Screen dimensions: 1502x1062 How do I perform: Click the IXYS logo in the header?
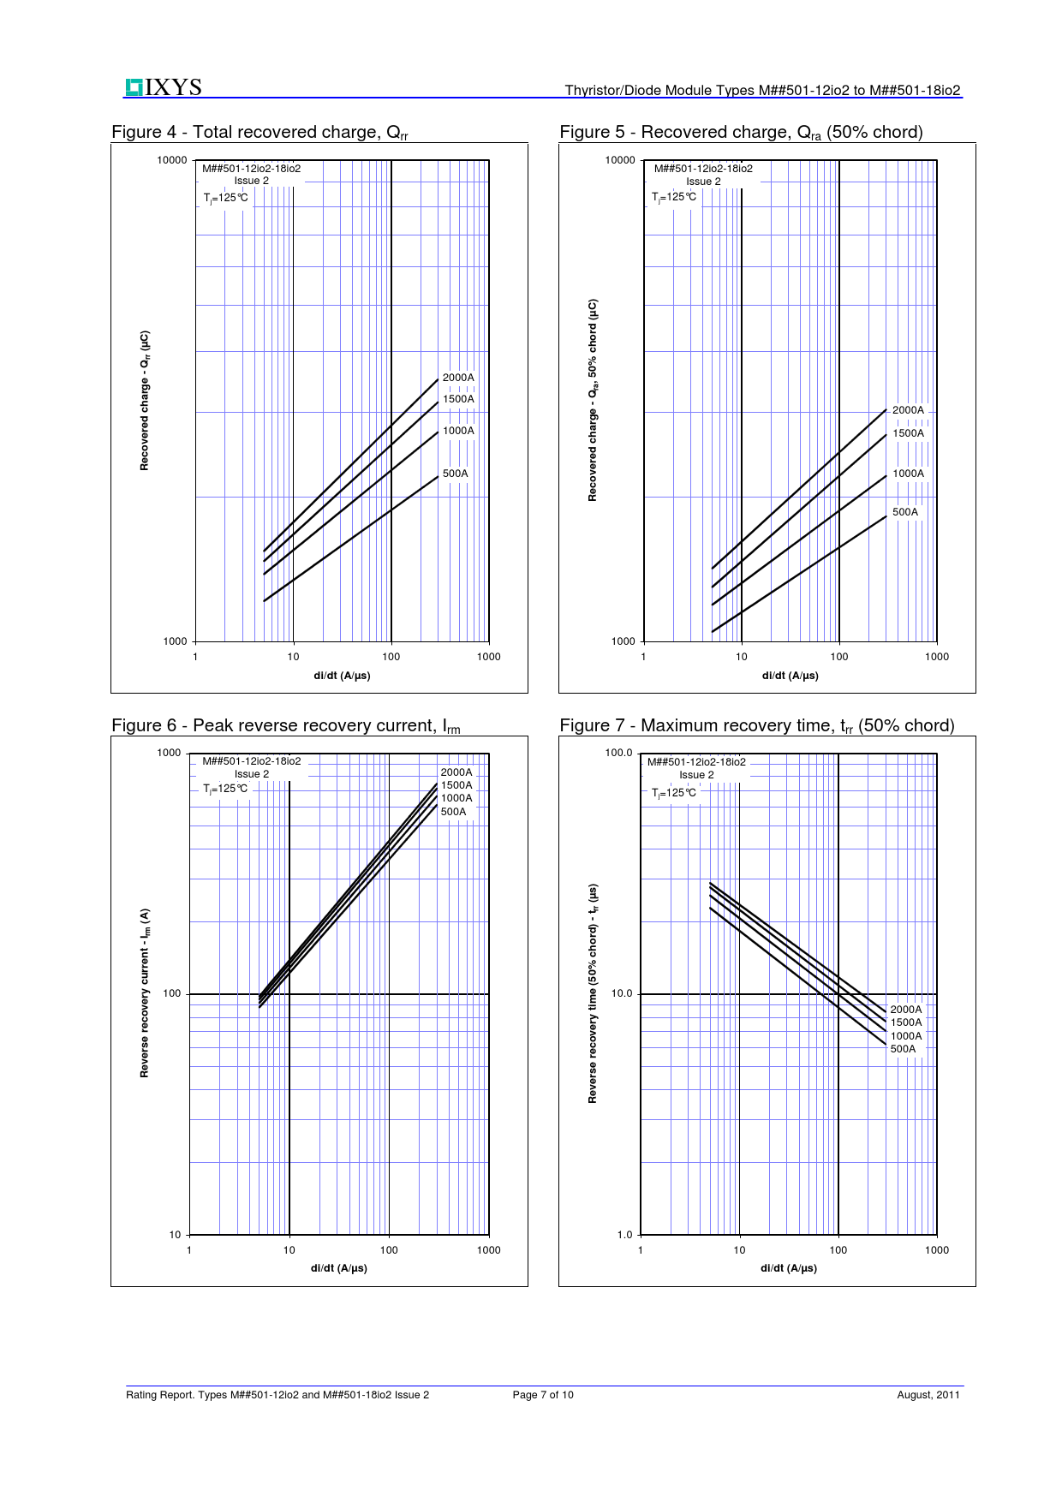[164, 87]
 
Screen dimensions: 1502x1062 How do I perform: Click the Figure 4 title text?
[260, 132]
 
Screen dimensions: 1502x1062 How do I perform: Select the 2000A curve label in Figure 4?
[458, 378]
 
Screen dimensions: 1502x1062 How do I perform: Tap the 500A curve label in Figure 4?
[455, 474]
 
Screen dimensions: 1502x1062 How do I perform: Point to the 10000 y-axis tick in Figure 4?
[171, 160]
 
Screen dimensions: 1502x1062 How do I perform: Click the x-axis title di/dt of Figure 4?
[342, 676]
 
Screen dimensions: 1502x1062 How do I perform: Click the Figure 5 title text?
[741, 132]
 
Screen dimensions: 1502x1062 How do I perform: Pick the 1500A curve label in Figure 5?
[908, 433]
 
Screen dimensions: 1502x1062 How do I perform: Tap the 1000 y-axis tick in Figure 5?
[623, 641]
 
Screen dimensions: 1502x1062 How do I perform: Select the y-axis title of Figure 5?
[593, 400]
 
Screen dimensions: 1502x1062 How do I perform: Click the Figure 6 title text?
[285, 725]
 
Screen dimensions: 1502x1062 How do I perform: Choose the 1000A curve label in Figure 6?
[456, 798]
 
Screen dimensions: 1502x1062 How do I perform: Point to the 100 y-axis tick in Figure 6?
[172, 994]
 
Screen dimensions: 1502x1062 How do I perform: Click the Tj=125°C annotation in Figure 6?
[225, 789]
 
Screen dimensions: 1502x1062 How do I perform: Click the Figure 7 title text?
[756, 725]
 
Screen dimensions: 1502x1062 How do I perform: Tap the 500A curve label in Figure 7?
[903, 1049]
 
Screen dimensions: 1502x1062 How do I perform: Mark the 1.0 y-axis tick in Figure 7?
[624, 1235]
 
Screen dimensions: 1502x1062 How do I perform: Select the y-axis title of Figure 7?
[593, 993]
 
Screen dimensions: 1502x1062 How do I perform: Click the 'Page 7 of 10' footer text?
[543, 1395]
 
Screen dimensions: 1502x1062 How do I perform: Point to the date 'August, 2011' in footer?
[928, 1395]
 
